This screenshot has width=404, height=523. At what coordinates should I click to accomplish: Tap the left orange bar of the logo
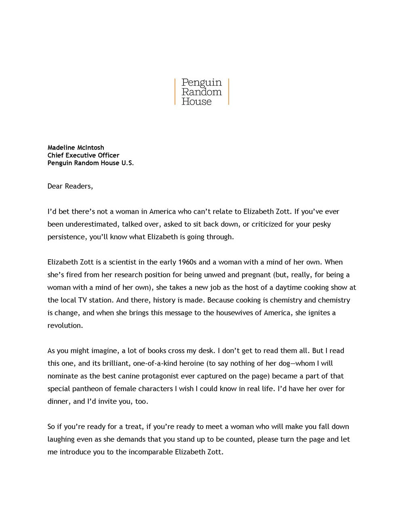pyautogui.click(x=175, y=92)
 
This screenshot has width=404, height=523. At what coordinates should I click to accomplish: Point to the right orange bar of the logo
pyautogui.click(x=229, y=92)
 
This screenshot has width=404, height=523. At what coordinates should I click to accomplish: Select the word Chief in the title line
pyautogui.click(x=56, y=155)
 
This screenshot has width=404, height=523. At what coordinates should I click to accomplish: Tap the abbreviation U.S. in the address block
pyautogui.click(x=127, y=163)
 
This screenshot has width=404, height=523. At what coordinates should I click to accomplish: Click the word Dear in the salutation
pyautogui.click(x=55, y=186)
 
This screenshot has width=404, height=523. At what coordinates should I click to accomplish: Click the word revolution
pyautogui.click(x=65, y=325)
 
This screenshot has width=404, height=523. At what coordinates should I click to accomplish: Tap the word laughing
pyautogui.click(x=61, y=439)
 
